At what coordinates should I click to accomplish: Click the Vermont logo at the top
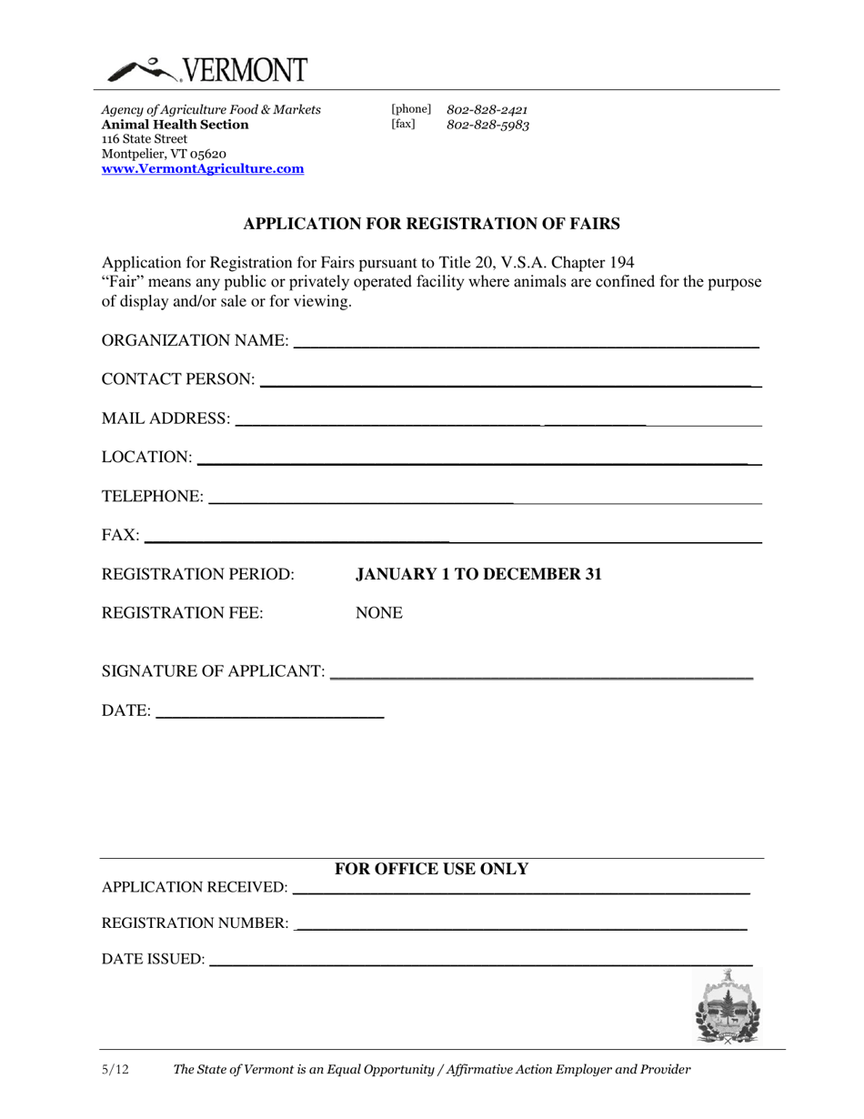pyautogui.click(x=207, y=70)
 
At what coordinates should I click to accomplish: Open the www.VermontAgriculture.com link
pyautogui.click(x=203, y=169)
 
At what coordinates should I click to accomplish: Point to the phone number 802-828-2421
pyautogui.click(x=487, y=110)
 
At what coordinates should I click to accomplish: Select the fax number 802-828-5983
pyautogui.click(x=487, y=126)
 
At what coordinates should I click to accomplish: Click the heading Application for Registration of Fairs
pyautogui.click(x=432, y=223)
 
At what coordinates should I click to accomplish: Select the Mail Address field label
pyautogui.click(x=166, y=418)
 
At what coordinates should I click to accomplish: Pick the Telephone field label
pyautogui.click(x=153, y=497)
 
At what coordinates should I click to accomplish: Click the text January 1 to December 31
pyautogui.click(x=478, y=575)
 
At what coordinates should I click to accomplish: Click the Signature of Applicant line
pyautogui.click(x=541, y=673)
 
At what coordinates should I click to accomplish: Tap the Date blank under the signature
pyautogui.click(x=270, y=713)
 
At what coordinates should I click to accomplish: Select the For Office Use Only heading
pyautogui.click(x=432, y=870)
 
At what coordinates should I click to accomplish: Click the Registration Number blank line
pyautogui.click(x=521, y=924)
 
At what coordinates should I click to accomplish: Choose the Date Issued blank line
pyautogui.click(x=480, y=960)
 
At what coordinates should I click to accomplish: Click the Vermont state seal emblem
pyautogui.click(x=727, y=1006)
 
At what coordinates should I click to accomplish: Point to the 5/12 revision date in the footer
pyautogui.click(x=116, y=1071)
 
